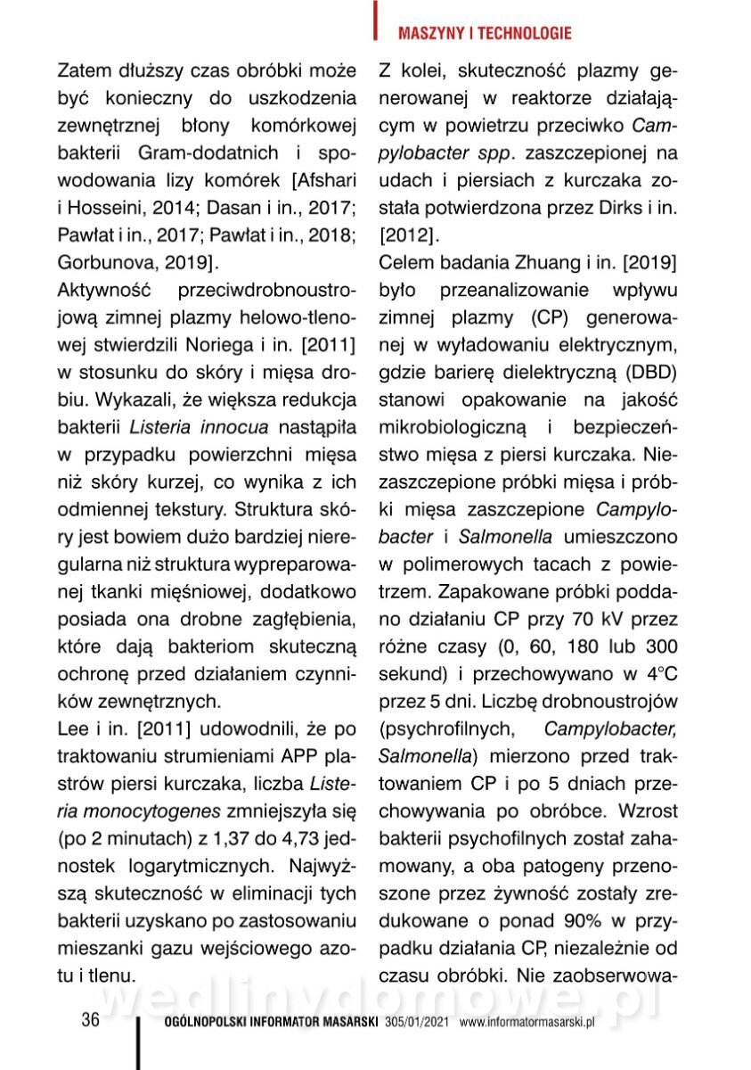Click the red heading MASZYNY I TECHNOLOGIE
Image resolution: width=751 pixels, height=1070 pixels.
coord(484,34)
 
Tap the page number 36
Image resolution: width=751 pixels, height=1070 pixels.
coord(90,1020)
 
